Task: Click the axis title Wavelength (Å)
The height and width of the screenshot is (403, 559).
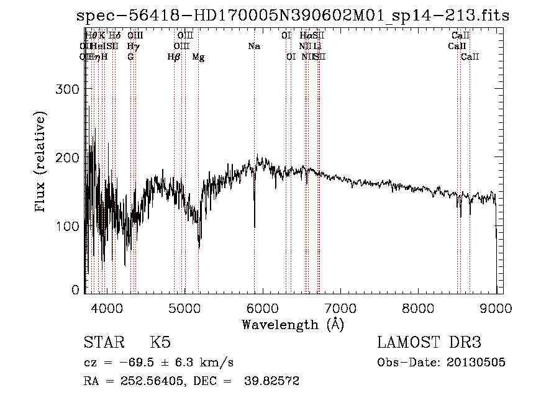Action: coord(293,324)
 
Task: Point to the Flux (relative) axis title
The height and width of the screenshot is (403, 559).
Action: coord(42,163)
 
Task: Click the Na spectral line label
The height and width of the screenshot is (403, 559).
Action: coord(253,46)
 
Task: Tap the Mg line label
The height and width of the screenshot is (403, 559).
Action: coord(198,57)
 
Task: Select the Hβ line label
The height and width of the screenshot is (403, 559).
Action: coord(174,57)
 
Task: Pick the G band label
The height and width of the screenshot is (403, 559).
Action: coord(130,57)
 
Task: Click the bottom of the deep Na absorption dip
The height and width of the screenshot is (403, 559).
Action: coord(254,227)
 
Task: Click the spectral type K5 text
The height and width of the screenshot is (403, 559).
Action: coord(160,343)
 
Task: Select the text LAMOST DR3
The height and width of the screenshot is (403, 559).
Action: coord(429,343)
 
